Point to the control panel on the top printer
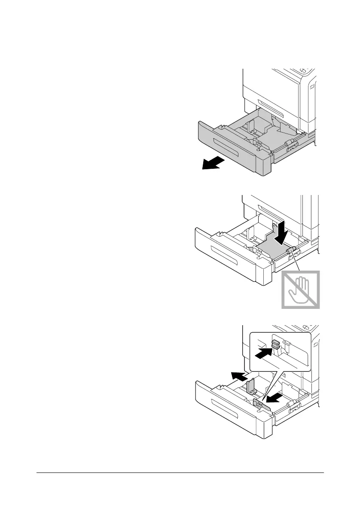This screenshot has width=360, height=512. (308, 71)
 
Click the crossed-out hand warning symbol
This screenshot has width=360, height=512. (301, 290)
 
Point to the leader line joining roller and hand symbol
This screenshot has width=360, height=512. (297, 261)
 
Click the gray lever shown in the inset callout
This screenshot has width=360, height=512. (275, 343)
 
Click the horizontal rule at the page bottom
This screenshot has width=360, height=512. (180, 473)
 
